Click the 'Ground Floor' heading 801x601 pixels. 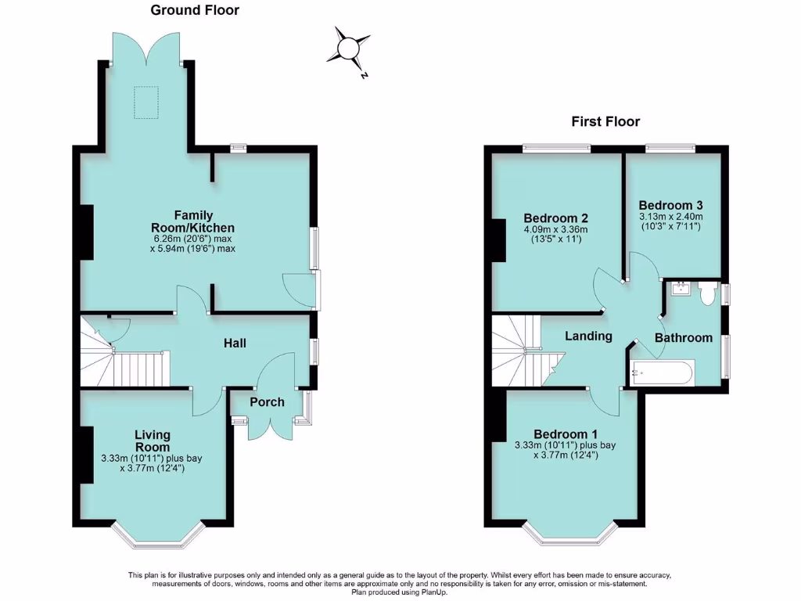195,10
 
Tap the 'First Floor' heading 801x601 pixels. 605,121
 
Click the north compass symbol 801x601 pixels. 347,49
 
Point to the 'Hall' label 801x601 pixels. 235,343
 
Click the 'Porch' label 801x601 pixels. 267,402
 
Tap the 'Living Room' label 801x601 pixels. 153,441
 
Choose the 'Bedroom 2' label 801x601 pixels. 555,218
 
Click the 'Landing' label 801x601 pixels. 589,336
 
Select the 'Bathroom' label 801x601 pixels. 684,338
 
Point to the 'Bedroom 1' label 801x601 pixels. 566,434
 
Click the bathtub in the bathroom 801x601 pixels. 662,372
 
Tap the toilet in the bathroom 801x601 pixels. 707,293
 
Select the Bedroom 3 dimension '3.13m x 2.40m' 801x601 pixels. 670,217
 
